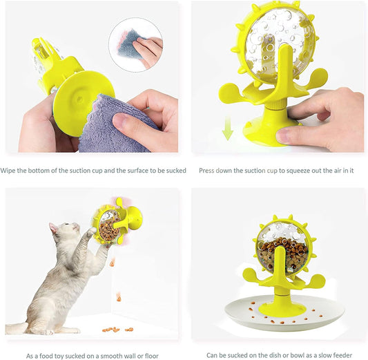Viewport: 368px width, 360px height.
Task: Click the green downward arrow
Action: click(x=227, y=129)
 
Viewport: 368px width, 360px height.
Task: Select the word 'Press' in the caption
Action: click(x=206, y=171)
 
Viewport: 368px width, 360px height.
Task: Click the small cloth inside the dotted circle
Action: click(x=131, y=44)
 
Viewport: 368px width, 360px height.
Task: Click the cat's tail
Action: click(x=16, y=328)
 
